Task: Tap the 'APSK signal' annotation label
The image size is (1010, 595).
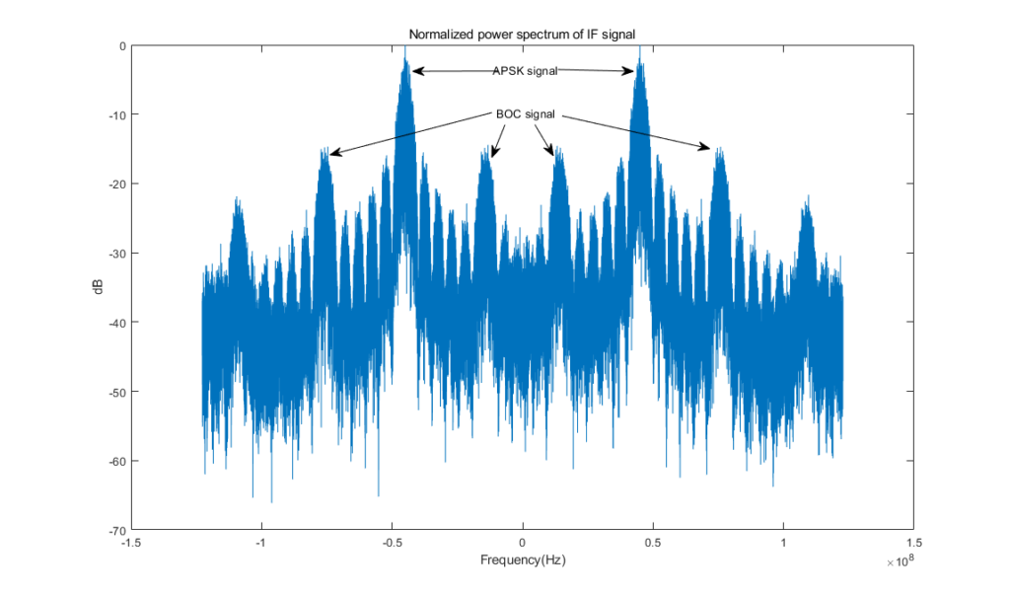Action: (x=525, y=71)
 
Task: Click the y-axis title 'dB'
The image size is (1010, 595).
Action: (x=99, y=288)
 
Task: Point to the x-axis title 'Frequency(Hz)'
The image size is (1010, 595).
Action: (x=523, y=560)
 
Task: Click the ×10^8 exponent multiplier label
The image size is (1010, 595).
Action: (x=902, y=563)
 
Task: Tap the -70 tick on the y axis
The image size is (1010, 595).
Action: (x=115, y=530)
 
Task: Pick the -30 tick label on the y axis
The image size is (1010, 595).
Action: (x=115, y=254)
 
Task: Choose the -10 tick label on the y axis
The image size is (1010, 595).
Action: (x=115, y=115)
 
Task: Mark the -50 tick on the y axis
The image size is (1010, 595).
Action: (x=115, y=392)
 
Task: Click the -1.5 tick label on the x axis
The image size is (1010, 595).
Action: (x=130, y=543)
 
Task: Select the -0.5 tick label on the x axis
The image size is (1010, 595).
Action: (x=392, y=543)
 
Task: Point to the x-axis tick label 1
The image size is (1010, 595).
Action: (x=783, y=543)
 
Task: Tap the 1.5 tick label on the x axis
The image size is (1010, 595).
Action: (x=913, y=543)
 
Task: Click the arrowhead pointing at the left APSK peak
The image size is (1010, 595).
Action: (x=415, y=71)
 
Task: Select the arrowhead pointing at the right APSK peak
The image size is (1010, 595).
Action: (x=632, y=71)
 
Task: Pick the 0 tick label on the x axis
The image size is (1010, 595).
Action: (x=523, y=543)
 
